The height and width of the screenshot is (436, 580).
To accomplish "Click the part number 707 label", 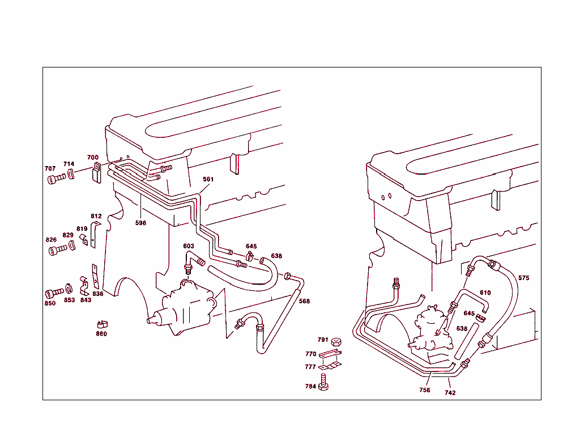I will point(50,169).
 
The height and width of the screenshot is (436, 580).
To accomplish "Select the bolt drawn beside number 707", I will point(54,180).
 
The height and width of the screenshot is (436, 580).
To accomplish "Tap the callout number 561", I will point(208,179).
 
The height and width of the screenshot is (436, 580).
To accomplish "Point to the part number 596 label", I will point(140,223).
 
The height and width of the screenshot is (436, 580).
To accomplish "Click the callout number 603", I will point(189,246).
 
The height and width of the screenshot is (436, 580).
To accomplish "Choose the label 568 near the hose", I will point(304,301).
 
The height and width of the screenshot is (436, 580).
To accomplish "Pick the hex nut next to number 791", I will point(336,341).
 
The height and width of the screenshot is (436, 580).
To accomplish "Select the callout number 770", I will point(310,354).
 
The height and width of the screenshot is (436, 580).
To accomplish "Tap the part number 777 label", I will point(310,367).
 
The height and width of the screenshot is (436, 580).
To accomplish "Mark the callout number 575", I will point(524,278).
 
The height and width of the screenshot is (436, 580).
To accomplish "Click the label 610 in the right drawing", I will point(485,293).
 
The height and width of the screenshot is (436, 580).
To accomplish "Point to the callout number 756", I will point(425,390).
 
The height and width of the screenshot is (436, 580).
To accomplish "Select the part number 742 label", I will point(450,392).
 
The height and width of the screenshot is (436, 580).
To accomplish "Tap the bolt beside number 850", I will point(53,293).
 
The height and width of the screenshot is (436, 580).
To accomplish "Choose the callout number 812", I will point(96,216).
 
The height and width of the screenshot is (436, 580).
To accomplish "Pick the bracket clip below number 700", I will point(96,172).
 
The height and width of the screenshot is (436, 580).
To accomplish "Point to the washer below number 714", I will point(70,174).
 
